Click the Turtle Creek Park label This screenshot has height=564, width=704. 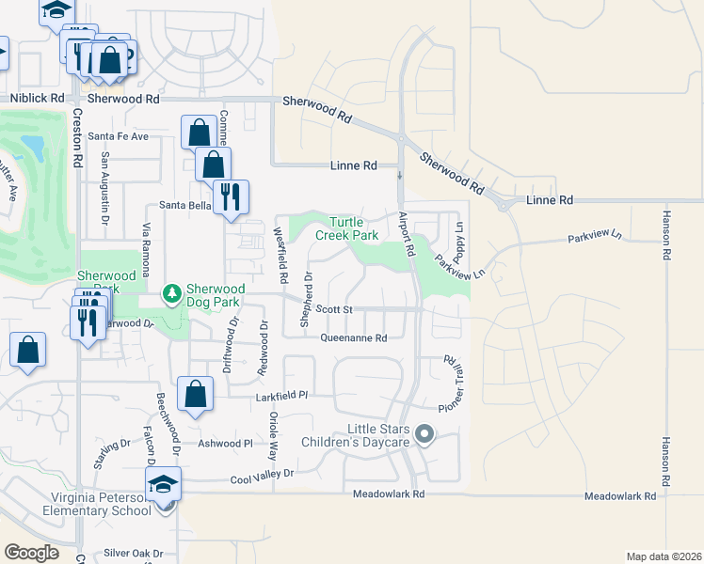pos(352,228)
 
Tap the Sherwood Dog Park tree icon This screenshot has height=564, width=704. pos(171,294)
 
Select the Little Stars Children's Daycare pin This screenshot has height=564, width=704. pos(424,434)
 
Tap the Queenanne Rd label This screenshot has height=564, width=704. pos(354,337)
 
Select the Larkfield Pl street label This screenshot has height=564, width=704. pos(282,398)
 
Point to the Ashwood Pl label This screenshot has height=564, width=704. pos(226,443)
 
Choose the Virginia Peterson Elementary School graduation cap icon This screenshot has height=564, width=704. pos(164,483)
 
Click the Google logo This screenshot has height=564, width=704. pos(31,553)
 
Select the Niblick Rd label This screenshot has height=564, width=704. pos(38,98)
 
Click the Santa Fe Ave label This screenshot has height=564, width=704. pos(119,136)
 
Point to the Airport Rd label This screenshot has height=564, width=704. pos(407,235)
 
